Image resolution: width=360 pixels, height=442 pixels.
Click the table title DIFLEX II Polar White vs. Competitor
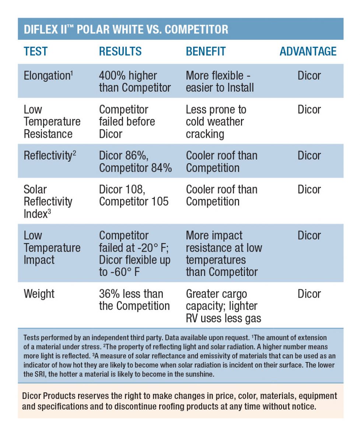tap(126, 29)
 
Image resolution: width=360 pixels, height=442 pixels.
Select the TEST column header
tap(36, 52)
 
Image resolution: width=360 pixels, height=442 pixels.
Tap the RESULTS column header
tap(120, 52)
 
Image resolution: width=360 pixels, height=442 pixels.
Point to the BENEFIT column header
tap(206, 52)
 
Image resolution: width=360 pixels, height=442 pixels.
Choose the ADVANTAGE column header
tap(308, 52)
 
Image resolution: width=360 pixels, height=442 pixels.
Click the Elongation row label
tap(47, 76)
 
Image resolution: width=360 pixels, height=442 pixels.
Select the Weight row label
tap(39, 294)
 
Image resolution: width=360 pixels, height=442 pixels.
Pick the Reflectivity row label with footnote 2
tap(50, 156)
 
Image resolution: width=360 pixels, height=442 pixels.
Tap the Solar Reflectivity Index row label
tap(48, 201)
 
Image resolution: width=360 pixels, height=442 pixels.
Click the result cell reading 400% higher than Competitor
tap(135, 82)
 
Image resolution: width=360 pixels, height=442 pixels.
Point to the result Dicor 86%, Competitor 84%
tap(135, 162)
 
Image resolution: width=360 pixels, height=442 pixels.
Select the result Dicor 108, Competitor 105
tap(134, 196)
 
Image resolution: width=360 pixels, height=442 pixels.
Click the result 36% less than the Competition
tap(134, 300)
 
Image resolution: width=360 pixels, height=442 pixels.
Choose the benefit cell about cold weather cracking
tap(216, 122)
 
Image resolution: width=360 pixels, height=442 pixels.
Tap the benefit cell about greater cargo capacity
tap(223, 306)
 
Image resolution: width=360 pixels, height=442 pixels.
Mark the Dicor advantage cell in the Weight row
tap(309, 294)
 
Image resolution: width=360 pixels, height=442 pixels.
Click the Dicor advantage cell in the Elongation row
tap(309, 76)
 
